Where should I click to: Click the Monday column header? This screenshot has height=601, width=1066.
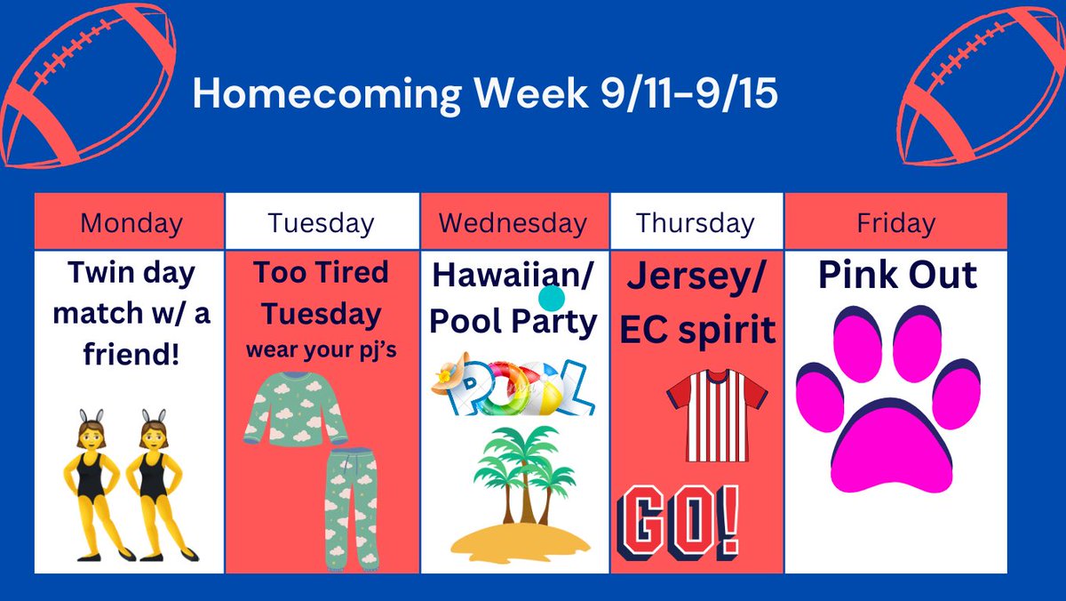click(x=131, y=222)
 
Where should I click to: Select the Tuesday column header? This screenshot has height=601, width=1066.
click(x=321, y=222)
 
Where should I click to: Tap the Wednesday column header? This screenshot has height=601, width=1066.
click(x=513, y=222)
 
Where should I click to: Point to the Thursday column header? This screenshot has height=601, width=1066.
click(x=695, y=222)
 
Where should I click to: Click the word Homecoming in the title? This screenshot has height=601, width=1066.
click(x=325, y=93)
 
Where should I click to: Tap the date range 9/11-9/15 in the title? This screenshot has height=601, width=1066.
click(x=677, y=93)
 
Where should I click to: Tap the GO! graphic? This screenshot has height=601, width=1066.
click(x=678, y=520)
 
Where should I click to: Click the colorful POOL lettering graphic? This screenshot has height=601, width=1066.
click(x=513, y=389)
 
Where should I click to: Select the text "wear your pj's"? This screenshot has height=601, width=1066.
click(x=322, y=349)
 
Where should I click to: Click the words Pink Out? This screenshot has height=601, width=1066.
click(x=896, y=276)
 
